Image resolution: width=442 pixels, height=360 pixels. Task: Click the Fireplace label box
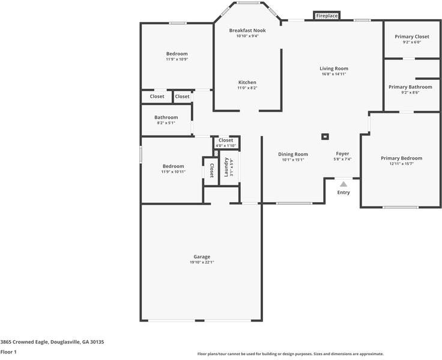(x=327, y=16)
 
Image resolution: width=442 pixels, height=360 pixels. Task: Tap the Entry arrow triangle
(x=344, y=184)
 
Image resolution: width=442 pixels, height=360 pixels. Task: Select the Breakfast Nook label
(x=247, y=31)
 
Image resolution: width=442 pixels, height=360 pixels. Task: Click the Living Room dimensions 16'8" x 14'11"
(x=334, y=74)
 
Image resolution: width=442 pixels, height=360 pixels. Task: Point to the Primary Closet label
(x=412, y=37)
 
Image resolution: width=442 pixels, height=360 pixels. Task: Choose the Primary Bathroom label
(x=410, y=87)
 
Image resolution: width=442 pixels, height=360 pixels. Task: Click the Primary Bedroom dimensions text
(x=402, y=164)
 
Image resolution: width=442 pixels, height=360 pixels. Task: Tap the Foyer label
(x=342, y=154)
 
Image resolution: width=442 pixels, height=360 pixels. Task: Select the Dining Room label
(x=293, y=154)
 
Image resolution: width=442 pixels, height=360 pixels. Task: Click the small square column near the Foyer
(x=325, y=137)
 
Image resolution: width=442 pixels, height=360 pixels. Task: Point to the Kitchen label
(x=247, y=82)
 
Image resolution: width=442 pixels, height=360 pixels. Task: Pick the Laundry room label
(x=226, y=167)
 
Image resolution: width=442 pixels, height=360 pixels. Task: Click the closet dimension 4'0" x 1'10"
(x=226, y=146)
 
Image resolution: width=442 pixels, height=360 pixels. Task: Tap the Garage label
(x=202, y=257)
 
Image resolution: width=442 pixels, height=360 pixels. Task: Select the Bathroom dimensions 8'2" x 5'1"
(x=166, y=123)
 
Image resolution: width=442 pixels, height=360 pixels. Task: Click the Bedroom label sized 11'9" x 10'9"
(x=177, y=54)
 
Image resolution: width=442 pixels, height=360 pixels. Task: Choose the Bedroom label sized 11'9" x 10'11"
(x=174, y=166)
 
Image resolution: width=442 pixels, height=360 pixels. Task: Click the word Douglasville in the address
(x=65, y=342)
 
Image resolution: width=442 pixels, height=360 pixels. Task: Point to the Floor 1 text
(x=8, y=352)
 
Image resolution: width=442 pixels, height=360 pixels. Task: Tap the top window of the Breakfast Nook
(x=248, y=3)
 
